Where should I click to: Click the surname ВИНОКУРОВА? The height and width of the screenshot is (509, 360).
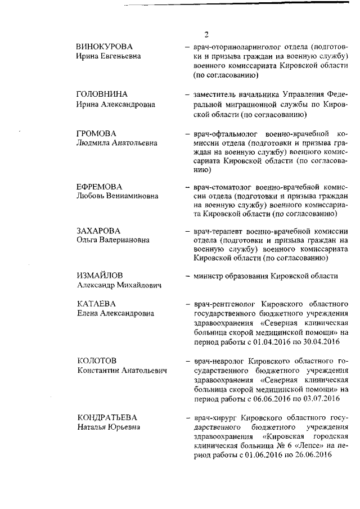(x=105, y=46)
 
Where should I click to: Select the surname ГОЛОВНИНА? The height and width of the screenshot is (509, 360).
(x=102, y=94)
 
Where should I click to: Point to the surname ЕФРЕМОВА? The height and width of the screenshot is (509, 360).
(x=100, y=187)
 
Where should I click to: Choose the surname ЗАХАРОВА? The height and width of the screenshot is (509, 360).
(x=99, y=231)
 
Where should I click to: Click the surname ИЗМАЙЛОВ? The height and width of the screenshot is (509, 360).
(x=100, y=276)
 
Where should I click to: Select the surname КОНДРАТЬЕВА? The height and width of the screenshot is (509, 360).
(x=107, y=417)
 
